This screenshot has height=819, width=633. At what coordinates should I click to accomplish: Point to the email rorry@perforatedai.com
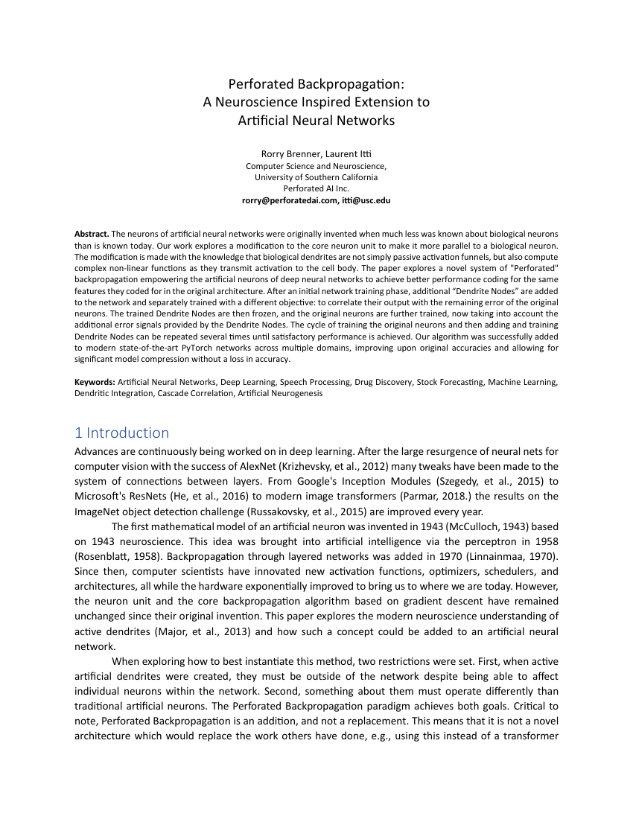point(288,200)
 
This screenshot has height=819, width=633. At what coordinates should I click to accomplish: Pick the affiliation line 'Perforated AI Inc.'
point(316,189)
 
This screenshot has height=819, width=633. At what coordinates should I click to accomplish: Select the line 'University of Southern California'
point(316,177)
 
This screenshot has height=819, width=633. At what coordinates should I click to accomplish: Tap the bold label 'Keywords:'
point(95,382)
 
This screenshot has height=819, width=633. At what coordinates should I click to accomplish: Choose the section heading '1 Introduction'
point(122,433)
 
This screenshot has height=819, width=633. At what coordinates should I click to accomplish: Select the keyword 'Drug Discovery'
point(378,382)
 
